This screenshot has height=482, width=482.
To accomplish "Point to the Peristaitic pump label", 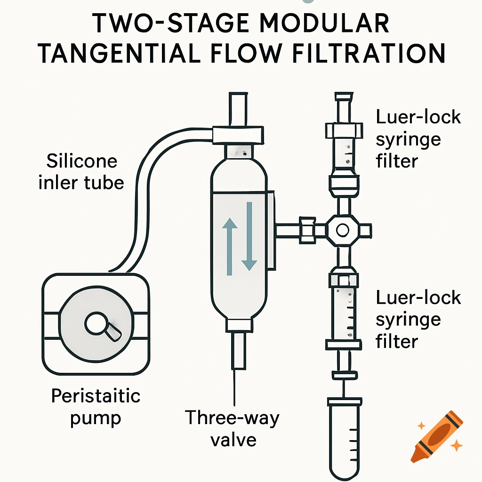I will (96, 406).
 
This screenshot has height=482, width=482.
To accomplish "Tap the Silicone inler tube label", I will (81, 171).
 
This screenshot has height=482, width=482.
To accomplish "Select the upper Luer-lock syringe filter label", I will (418, 139).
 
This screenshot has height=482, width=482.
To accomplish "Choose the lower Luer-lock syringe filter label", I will (418, 319).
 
